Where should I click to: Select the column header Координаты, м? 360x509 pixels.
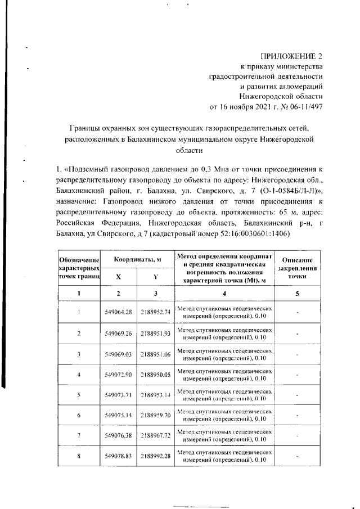pos(138,259)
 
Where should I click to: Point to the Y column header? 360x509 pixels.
pos(155,277)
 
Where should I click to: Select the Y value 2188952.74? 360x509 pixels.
pos(155,313)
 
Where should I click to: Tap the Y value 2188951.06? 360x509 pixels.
pos(155,354)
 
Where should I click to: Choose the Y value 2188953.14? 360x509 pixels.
pos(155,395)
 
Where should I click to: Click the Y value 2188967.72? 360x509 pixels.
pos(155,435)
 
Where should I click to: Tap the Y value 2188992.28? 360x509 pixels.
pos(155,456)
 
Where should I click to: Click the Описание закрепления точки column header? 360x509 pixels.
pos(296,268)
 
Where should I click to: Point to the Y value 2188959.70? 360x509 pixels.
pos(155,415)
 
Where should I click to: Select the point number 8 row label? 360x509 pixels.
pos(79,456)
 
